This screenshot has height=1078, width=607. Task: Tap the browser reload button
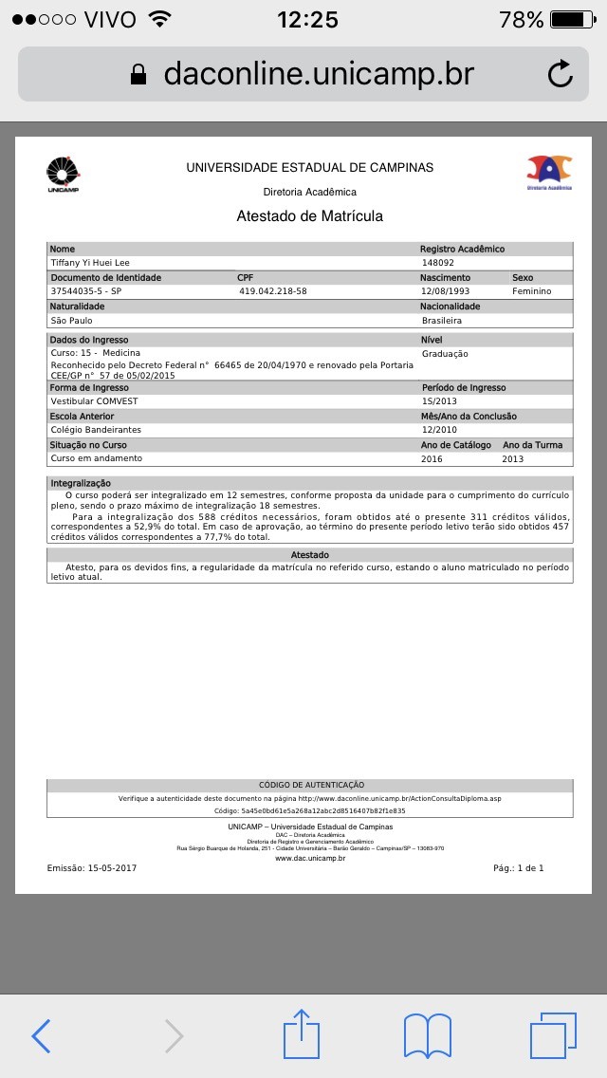click(561, 74)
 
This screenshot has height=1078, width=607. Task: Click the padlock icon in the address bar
click(139, 74)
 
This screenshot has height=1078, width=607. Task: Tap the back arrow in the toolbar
click(40, 1035)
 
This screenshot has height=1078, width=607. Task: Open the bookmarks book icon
click(428, 1035)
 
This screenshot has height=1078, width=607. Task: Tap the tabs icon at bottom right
click(553, 1035)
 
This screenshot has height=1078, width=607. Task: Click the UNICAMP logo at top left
click(64, 175)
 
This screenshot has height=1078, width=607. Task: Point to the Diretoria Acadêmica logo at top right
click(549, 172)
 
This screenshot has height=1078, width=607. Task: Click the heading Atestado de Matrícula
click(309, 216)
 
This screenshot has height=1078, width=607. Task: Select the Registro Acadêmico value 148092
click(438, 263)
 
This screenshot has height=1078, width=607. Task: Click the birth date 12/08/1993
click(446, 291)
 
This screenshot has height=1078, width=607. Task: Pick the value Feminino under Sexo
click(531, 291)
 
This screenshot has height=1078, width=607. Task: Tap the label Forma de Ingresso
click(89, 387)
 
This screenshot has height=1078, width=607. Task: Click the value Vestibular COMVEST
click(96, 401)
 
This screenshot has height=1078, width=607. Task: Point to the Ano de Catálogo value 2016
click(432, 458)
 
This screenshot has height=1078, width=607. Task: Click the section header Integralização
click(80, 484)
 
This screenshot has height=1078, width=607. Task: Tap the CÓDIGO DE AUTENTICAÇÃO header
click(311, 785)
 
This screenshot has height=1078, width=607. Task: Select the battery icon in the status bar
click(571, 19)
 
